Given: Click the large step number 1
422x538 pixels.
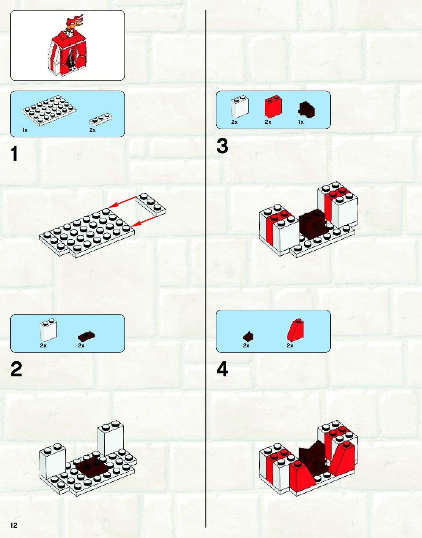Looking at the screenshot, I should [x=14, y=154].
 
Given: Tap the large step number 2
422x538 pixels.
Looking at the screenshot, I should [x=16, y=369].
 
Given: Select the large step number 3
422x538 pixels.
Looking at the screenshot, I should [x=222, y=146].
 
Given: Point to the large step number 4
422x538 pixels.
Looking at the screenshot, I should [x=222, y=369].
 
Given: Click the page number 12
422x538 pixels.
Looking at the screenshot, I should [x=14, y=525].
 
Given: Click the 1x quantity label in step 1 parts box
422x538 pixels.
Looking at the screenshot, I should [x=25, y=130].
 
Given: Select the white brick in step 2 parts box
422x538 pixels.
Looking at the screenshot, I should [x=49, y=329].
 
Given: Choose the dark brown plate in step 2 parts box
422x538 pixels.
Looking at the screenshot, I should [x=87, y=336].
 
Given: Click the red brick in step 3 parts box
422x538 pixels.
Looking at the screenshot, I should [x=274, y=106].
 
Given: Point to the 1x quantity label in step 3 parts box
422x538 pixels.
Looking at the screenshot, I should [x=301, y=122].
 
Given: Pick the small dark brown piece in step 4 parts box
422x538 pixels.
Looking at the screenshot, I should [x=248, y=336].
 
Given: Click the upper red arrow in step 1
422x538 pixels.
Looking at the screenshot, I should [x=122, y=202].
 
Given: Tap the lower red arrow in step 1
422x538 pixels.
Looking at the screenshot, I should [x=143, y=221].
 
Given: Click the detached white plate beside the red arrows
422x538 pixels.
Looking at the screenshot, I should [x=151, y=204].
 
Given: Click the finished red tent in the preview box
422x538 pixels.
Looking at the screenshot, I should [x=68, y=49].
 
